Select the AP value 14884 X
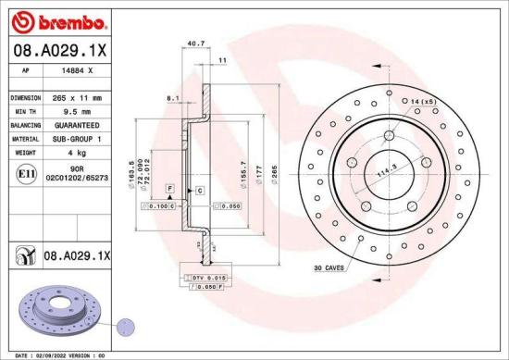click(77, 69)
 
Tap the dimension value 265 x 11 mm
click(78, 96)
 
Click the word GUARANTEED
click(78, 123)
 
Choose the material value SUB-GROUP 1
click(78, 137)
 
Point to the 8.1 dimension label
click(171, 97)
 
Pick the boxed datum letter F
click(169, 188)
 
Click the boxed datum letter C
click(199, 190)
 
